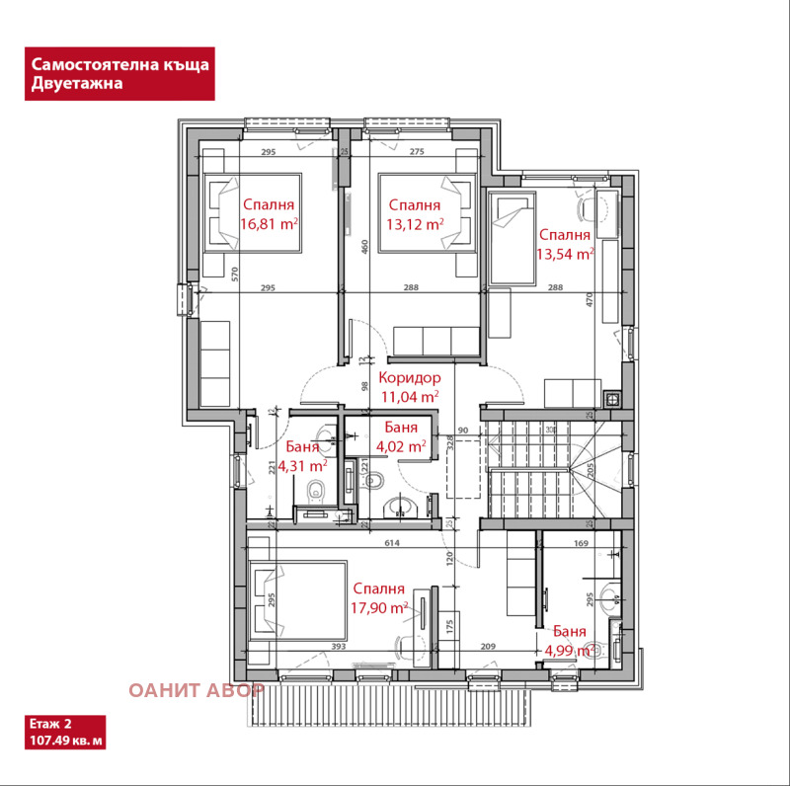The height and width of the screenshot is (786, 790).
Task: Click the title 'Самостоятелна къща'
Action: [x=119, y=64]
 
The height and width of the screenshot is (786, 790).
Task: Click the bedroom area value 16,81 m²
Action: [x=271, y=224]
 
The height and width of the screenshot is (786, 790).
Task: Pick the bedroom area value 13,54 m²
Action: [x=564, y=254]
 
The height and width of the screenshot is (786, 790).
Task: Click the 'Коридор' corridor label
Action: [x=410, y=378]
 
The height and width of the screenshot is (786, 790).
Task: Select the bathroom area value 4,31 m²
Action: [x=302, y=465]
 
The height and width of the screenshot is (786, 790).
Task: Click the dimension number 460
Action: [x=364, y=246]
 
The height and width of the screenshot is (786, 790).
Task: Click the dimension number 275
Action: [x=416, y=151]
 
